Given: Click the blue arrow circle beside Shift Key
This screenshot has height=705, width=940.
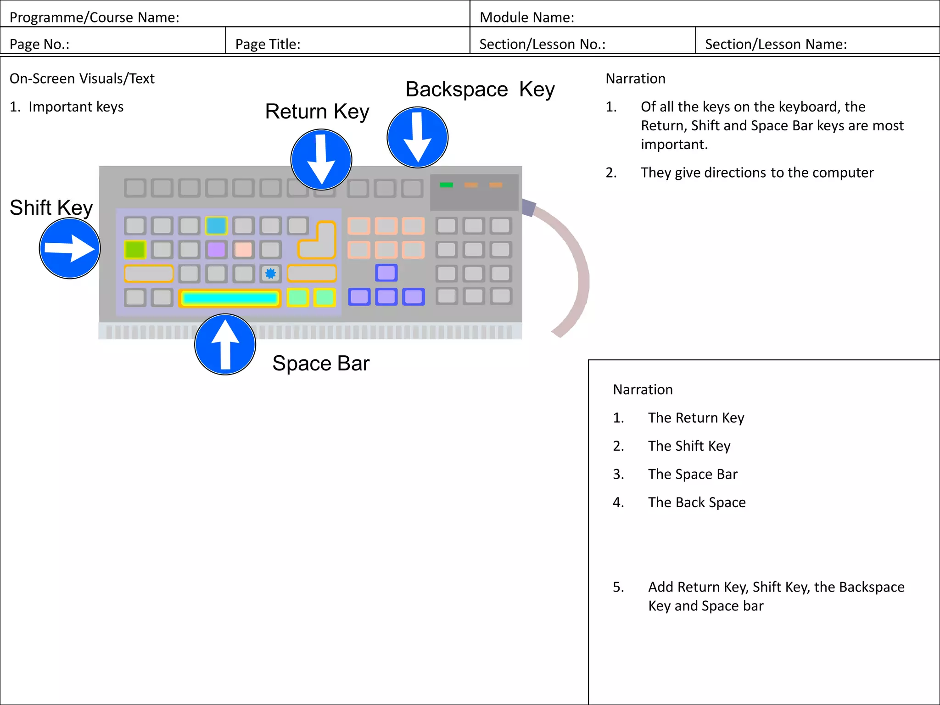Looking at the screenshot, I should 70,248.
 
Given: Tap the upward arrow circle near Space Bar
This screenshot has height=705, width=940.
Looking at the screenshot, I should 225,344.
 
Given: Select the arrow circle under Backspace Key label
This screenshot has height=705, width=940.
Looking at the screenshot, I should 417,137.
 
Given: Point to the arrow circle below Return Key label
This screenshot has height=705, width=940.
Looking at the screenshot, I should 321,159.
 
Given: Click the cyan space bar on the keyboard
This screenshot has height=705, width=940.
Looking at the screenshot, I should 229,298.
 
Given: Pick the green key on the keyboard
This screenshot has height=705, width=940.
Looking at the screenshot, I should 135,250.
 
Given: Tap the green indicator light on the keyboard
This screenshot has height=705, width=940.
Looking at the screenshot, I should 446,185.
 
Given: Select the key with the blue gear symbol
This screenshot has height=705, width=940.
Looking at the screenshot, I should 270,274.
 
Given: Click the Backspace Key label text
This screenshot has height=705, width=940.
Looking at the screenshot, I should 480,90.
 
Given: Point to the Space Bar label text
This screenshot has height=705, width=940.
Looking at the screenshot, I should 320,364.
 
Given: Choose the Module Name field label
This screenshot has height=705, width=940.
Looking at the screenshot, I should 526,17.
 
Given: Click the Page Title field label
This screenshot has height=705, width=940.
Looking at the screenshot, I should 268,44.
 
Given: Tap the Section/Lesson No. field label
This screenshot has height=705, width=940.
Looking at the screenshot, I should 542,44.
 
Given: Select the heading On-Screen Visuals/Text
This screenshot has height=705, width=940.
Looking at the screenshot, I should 82,78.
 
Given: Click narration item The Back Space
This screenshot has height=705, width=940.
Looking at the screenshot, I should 696,502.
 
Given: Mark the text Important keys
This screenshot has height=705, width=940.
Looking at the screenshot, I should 76,106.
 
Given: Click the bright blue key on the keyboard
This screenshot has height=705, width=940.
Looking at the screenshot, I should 216,225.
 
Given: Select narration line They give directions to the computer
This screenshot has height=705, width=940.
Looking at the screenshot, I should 757,173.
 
